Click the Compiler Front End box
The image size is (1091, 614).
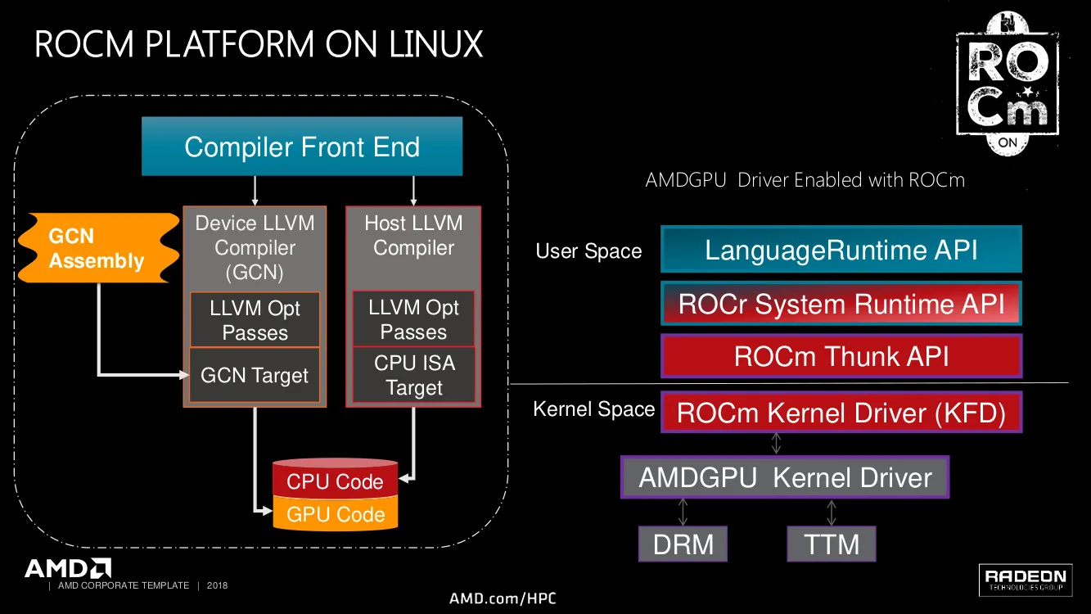[x=302, y=147]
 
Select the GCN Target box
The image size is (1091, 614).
[x=255, y=376]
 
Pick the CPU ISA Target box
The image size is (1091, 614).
[x=413, y=376]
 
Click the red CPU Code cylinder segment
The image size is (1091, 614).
[x=335, y=481]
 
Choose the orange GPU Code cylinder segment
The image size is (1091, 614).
[x=335, y=514]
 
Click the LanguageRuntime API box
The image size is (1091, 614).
[x=841, y=250]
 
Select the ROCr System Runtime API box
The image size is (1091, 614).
[x=841, y=305]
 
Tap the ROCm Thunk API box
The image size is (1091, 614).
[x=841, y=356]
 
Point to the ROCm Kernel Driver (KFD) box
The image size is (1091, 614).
[x=841, y=413]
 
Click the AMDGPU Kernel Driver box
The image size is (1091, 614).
[x=785, y=477]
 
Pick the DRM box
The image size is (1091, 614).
[x=683, y=544]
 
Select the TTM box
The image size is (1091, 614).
[x=832, y=544]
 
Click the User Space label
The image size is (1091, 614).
[x=588, y=251]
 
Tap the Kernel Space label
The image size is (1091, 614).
[x=593, y=409]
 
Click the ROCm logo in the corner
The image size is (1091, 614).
[x=1008, y=84]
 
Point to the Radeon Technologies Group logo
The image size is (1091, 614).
[x=1026, y=579]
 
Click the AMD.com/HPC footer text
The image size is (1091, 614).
[x=503, y=598]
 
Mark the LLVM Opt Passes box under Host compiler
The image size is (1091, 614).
[x=413, y=319]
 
